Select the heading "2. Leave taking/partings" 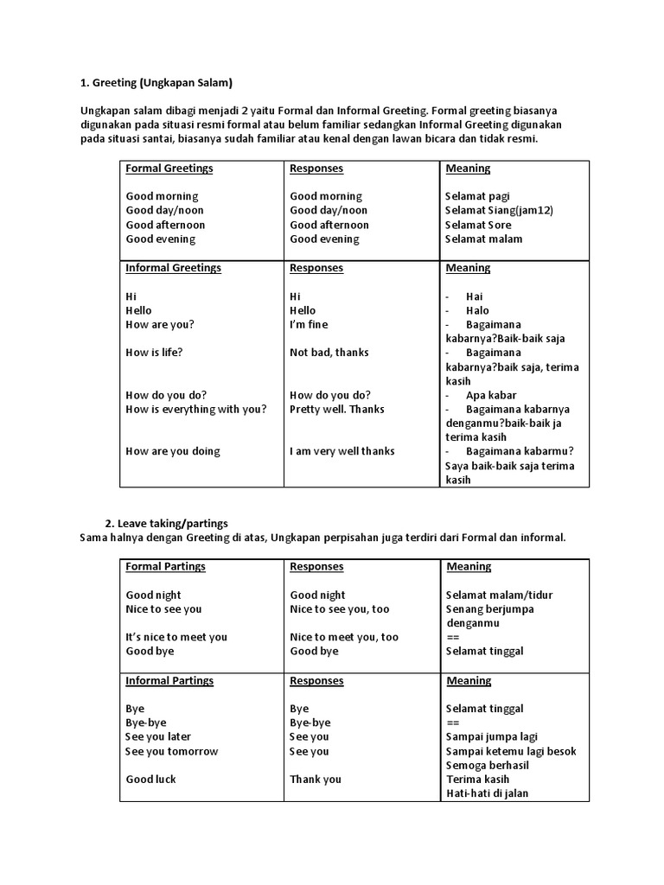tap(167, 523)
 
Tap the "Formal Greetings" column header tap(169, 168)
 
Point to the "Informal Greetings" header tap(173, 268)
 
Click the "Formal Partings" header tap(166, 566)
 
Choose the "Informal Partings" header tap(169, 680)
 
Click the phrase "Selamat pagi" tap(477, 196)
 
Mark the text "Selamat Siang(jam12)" tap(499, 210)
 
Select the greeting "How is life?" tap(154, 353)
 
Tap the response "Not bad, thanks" tap(329, 353)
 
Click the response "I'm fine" tap(309, 324)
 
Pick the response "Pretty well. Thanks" tap(337, 409)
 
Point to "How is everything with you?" tap(196, 409)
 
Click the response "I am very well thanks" tap(342, 451)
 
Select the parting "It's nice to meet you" tap(176, 637)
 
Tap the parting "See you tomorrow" tap(171, 751)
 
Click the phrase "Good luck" tap(150, 779)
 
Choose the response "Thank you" tap(316, 779)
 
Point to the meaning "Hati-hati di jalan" tap(487, 793)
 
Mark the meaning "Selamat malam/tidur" tap(499, 595)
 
